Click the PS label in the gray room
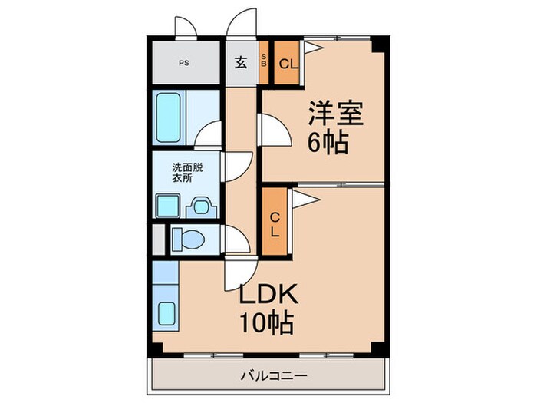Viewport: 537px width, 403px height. [x=184, y=64]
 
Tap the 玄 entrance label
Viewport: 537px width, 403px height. [x=240, y=63]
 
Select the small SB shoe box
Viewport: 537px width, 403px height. [x=264, y=63]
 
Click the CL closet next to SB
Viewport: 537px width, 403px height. [x=287, y=64]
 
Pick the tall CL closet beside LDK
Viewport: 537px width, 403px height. [x=274, y=223]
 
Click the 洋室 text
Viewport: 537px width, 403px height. [x=335, y=113]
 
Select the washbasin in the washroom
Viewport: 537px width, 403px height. [x=203, y=206]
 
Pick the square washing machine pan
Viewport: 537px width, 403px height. [x=167, y=206]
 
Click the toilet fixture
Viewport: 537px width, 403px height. [x=186, y=239]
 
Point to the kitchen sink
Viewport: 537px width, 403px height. [x=166, y=313]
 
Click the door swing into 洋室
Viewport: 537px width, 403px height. [x=274, y=129]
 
